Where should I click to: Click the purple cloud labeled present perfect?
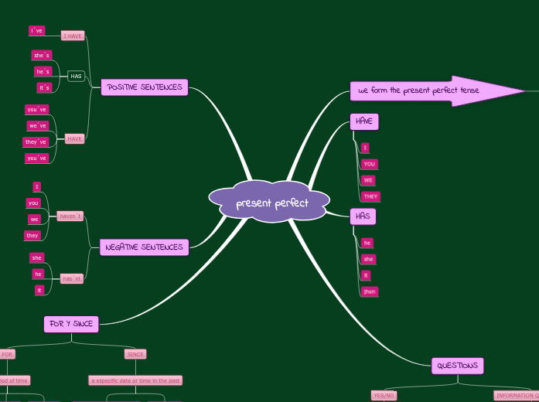270,203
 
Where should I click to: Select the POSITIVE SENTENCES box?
145,87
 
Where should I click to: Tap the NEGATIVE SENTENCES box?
144,247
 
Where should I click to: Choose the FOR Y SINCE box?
71,324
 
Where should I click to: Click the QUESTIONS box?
457,366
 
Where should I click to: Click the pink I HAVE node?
73,36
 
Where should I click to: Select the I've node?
37,31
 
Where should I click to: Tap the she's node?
41,55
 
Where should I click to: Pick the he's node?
43,71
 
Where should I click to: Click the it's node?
44,87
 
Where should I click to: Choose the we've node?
37,125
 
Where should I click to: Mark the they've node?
36,141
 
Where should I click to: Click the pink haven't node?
70,216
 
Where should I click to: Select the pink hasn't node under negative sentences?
72,278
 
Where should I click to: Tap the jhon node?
369,291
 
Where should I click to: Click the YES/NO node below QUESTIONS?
384,395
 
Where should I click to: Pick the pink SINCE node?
135,354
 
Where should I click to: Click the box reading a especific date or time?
135,380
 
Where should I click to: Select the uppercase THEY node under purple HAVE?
370,196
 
